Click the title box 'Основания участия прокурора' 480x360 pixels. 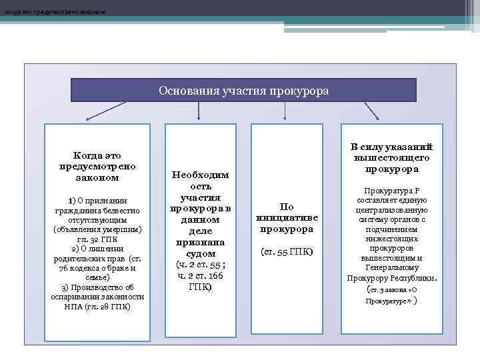[243, 90]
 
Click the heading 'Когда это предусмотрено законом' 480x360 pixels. [97, 166]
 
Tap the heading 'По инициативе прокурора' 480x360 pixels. [287, 217]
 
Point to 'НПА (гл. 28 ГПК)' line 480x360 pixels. [97, 307]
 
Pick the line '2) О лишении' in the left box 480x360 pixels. [97, 249]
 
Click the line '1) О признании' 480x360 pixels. [97, 201]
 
